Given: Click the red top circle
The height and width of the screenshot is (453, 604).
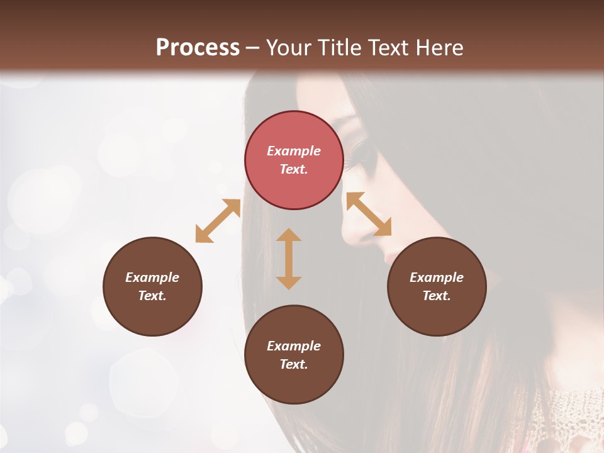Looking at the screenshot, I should pyautogui.click(x=294, y=160).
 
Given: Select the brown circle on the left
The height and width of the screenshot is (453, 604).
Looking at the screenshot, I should pyautogui.click(x=152, y=286).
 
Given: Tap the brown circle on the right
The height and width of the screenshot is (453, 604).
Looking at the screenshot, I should pyautogui.click(x=437, y=286).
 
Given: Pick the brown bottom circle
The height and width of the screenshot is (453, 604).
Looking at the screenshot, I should pyautogui.click(x=294, y=355).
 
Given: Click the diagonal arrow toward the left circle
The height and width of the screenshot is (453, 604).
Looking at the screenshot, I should pyautogui.click(x=218, y=221).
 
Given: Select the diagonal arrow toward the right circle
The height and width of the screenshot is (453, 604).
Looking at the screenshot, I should pyautogui.click(x=369, y=214).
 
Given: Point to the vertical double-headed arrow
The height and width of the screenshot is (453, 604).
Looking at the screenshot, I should pyautogui.click(x=289, y=259).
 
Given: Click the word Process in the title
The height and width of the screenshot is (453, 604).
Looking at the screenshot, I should pyautogui.click(x=198, y=47).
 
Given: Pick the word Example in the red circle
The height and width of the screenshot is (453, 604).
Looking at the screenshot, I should pyautogui.click(x=294, y=151).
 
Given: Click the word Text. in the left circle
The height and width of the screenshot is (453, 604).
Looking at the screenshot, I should pyautogui.click(x=152, y=296).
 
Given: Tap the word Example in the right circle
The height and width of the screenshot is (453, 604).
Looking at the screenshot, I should pyautogui.click(x=437, y=277).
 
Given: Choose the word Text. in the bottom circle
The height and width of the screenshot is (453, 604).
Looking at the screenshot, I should pyautogui.click(x=294, y=364).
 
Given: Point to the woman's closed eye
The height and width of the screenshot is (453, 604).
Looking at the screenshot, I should pyautogui.click(x=361, y=152).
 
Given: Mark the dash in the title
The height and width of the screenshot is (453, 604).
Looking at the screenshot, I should pyautogui.click(x=252, y=48).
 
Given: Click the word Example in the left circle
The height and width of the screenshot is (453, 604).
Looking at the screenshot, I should pyautogui.click(x=152, y=277).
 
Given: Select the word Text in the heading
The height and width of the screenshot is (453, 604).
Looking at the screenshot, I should pyautogui.click(x=391, y=47).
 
